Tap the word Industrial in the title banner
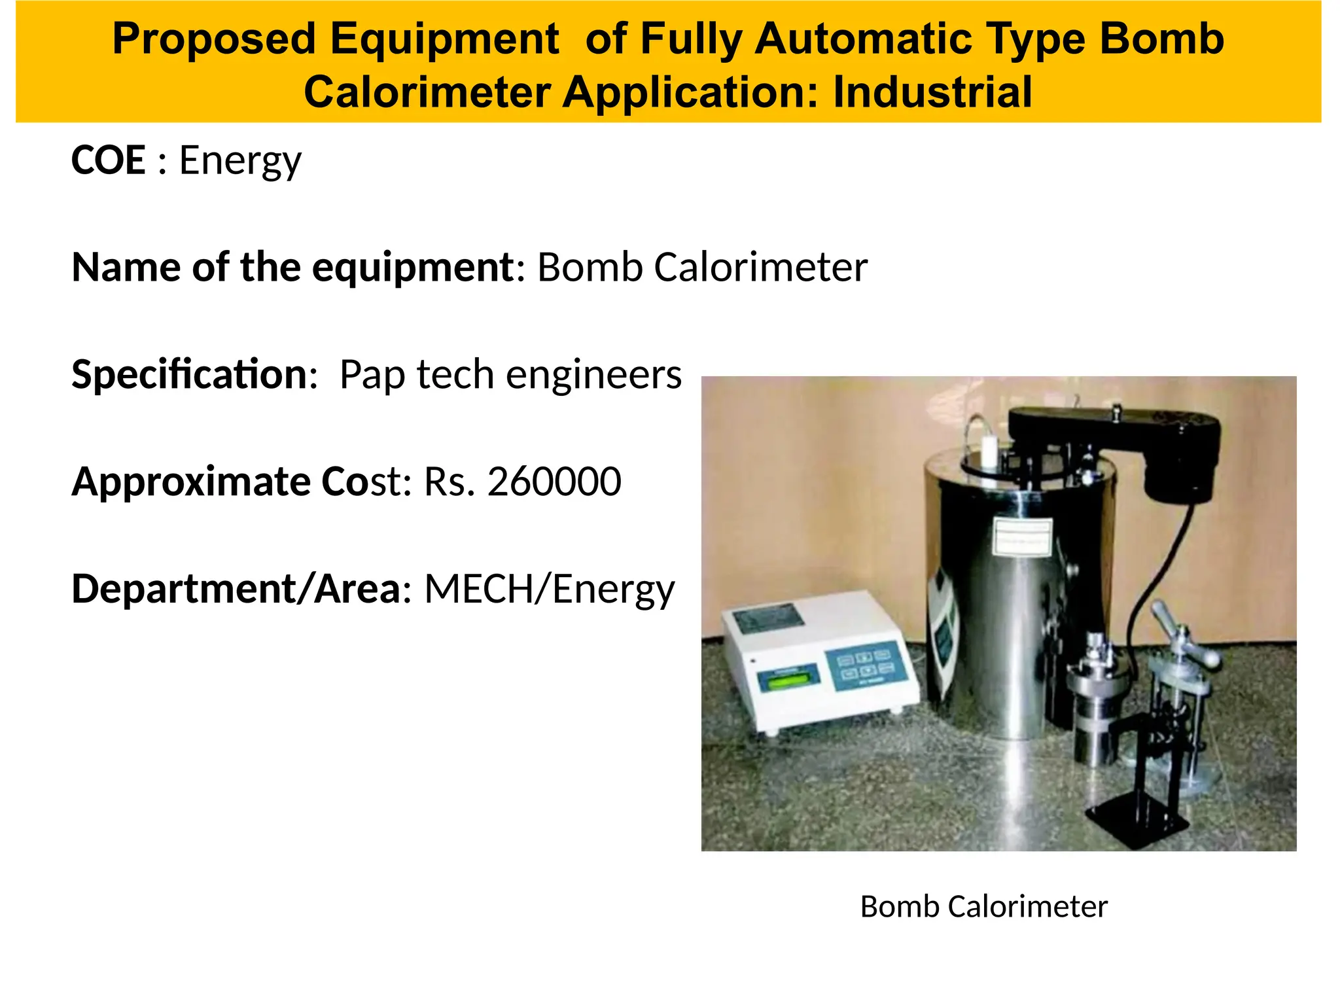(932, 92)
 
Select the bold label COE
(108, 160)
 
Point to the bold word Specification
(189, 375)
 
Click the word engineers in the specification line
(593, 375)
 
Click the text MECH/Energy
(549, 590)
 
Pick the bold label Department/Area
(236, 590)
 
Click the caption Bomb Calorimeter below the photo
(983, 907)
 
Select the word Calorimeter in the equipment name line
(760, 268)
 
